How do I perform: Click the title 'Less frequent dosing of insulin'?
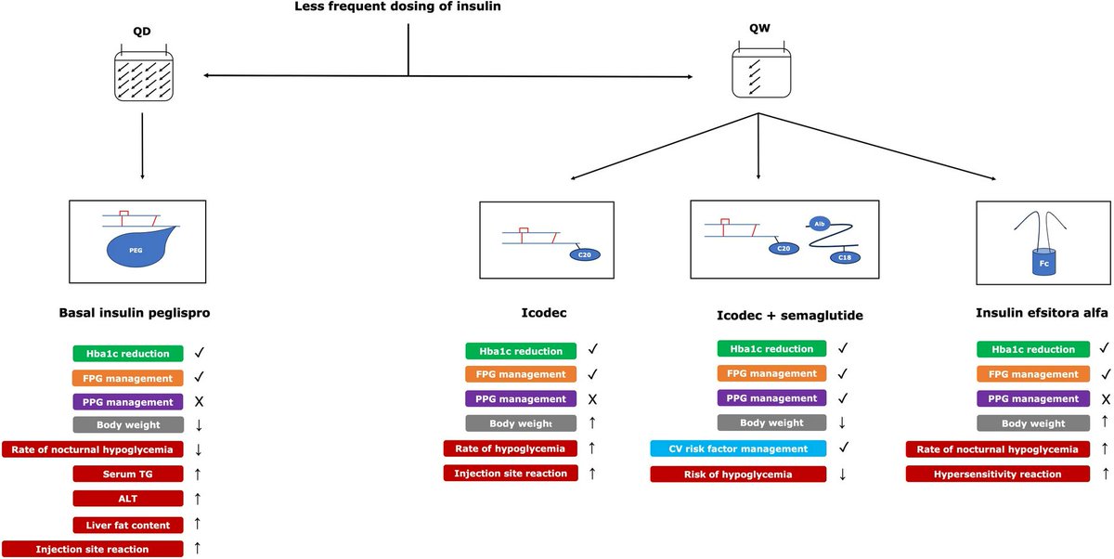(408, 7)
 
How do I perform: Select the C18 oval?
(844, 257)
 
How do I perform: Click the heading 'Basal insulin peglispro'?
(139, 313)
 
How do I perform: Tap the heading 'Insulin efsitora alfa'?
(1042, 313)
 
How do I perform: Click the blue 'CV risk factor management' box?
(737, 449)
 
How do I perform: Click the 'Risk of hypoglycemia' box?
(737, 474)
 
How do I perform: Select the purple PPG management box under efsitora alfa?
(1032, 398)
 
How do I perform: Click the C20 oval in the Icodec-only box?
(585, 253)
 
